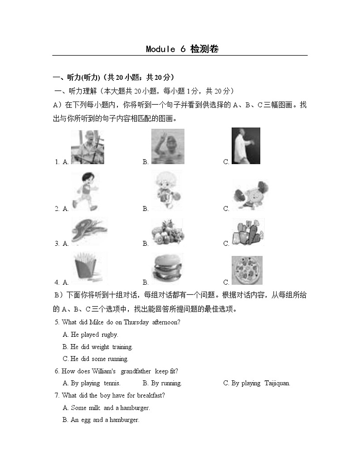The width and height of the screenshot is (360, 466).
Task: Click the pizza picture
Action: coord(247,270)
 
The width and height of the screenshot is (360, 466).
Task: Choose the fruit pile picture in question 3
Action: coord(168,232)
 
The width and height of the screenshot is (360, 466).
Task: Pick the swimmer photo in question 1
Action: coord(168,146)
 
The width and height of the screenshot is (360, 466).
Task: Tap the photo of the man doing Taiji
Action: coord(246,146)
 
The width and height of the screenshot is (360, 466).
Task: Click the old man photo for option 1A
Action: coord(88,147)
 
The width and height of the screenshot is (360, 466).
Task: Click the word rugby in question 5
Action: coord(107,335)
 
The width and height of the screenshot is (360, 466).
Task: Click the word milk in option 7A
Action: coord(94,408)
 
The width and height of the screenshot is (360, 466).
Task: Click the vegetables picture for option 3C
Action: coord(248,232)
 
